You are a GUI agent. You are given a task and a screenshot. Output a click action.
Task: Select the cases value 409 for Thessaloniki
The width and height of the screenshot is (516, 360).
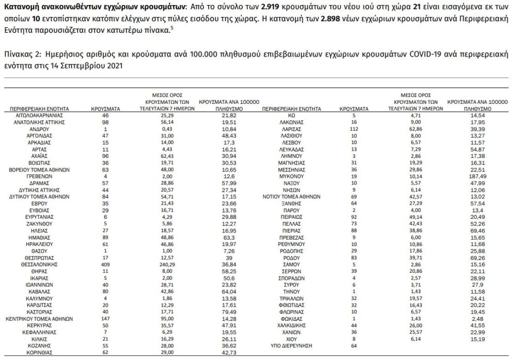pyautogui.click(x=105, y=264)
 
